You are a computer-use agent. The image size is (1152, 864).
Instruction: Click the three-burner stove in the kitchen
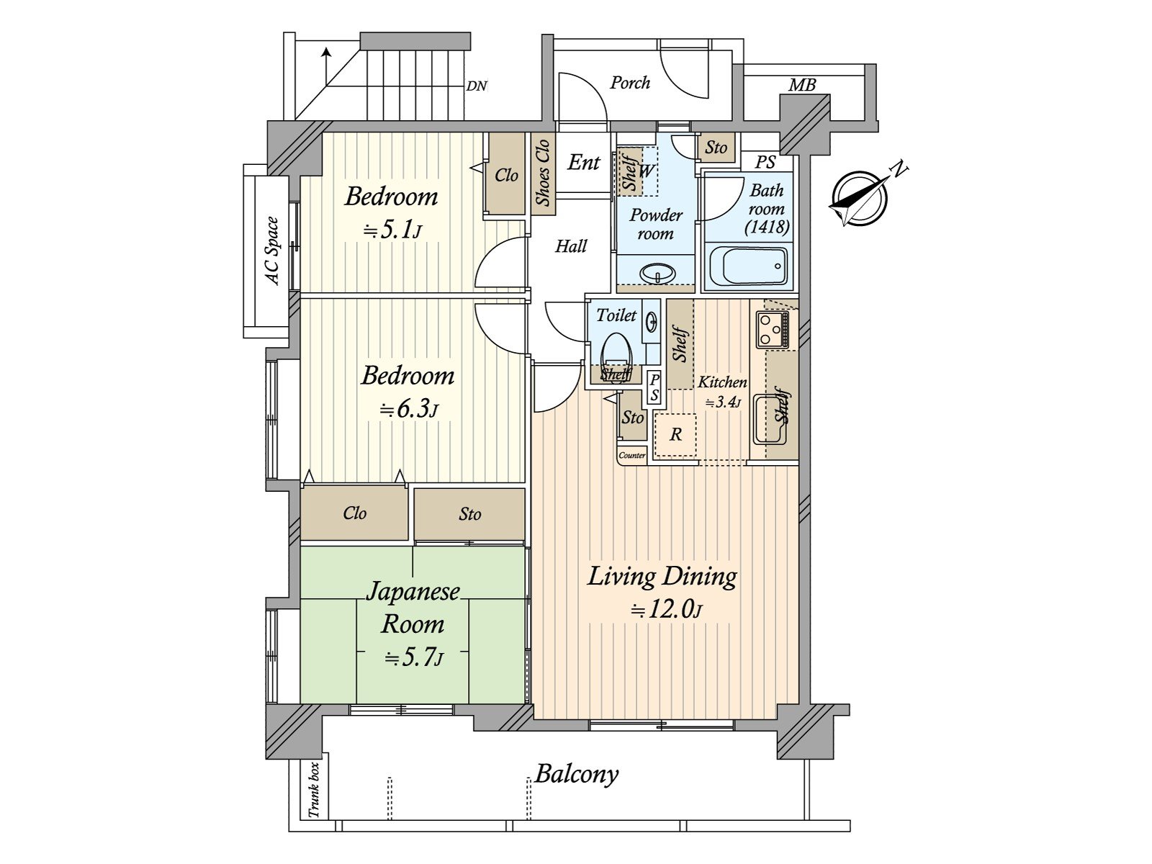tap(772, 330)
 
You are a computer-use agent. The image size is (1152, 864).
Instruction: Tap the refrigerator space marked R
tap(675, 435)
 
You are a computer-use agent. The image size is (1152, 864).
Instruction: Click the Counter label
tap(632, 455)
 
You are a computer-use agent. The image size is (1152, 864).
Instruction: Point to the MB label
tap(802, 85)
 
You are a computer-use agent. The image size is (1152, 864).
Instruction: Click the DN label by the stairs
tap(477, 86)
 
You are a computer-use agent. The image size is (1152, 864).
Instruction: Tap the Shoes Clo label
tap(542, 171)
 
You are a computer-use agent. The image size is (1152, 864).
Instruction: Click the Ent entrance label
tap(583, 162)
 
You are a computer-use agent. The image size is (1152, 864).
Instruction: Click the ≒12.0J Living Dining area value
tap(667, 610)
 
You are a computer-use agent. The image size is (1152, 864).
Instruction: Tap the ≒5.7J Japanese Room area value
tap(415, 658)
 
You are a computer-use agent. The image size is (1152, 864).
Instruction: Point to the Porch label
tap(630, 83)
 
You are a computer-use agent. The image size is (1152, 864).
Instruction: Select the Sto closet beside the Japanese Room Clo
tap(469, 513)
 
